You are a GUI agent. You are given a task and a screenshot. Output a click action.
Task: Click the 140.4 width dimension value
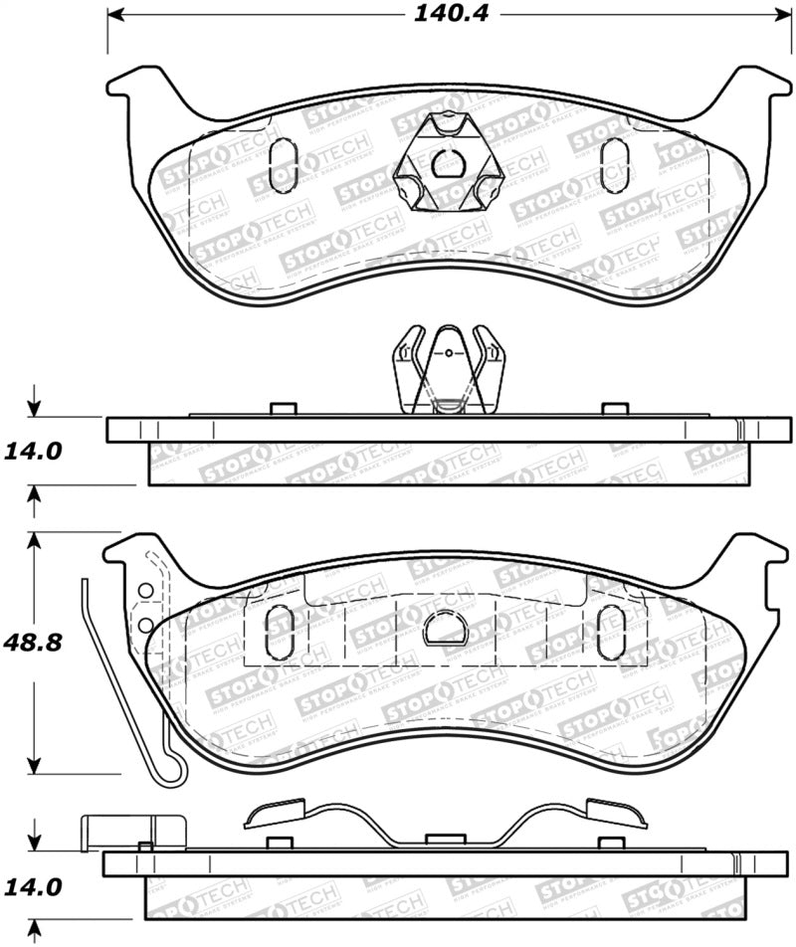[451, 14]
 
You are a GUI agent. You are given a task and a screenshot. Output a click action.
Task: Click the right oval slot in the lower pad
[608, 629]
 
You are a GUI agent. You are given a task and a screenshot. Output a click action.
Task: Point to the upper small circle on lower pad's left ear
[145, 591]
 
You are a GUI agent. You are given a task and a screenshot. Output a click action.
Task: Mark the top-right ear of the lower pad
[758, 555]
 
